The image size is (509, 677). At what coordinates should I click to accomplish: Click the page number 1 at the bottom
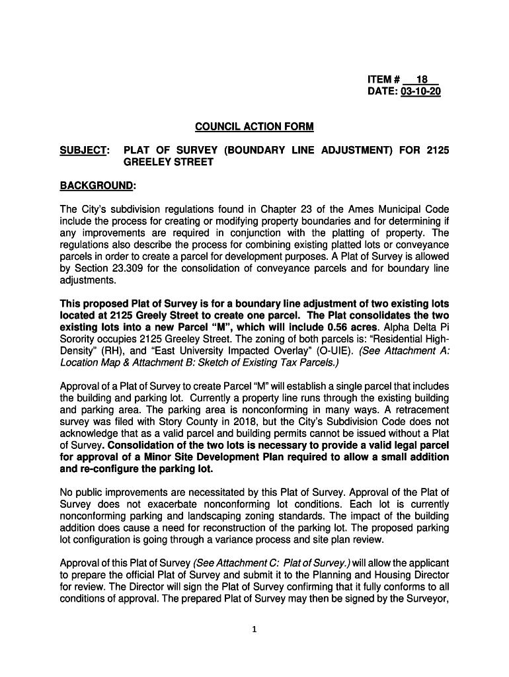(x=255, y=629)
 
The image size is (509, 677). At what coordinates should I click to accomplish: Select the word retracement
(x=418, y=409)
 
